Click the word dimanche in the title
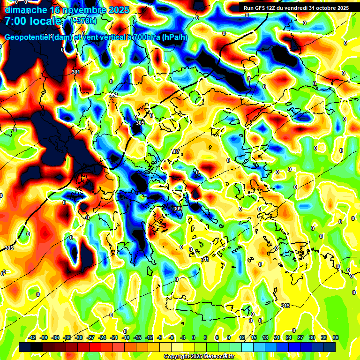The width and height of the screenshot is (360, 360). click(x=25, y=10)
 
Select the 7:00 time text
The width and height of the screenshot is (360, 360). click(x=16, y=21)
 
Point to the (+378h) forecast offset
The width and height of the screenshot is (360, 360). click(x=83, y=21)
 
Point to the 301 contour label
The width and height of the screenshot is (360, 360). click(x=76, y=72)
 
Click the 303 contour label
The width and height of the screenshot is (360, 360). click(x=113, y=95)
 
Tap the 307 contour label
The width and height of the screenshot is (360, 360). click(x=176, y=151)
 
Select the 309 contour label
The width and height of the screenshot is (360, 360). click(x=177, y=209)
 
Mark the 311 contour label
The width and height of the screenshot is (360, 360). click(x=205, y=259)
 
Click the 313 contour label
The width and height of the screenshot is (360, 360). click(x=285, y=306)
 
